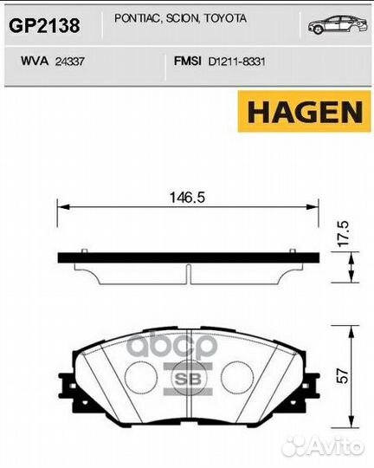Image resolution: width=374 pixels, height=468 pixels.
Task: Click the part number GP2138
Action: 44,26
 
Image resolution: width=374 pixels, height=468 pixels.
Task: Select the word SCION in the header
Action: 177,18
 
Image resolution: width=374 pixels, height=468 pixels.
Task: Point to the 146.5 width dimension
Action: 186,198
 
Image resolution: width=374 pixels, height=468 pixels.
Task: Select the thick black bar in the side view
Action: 187,258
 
